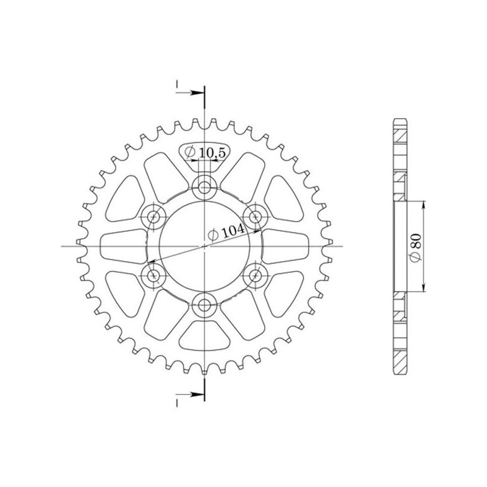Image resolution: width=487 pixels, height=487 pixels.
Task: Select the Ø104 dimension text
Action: click(x=226, y=231)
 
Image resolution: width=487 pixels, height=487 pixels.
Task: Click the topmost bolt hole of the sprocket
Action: click(x=204, y=186)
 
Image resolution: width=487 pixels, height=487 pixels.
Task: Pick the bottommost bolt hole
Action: click(x=204, y=306)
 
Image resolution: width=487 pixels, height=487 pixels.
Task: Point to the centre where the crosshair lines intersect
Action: click(x=204, y=246)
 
